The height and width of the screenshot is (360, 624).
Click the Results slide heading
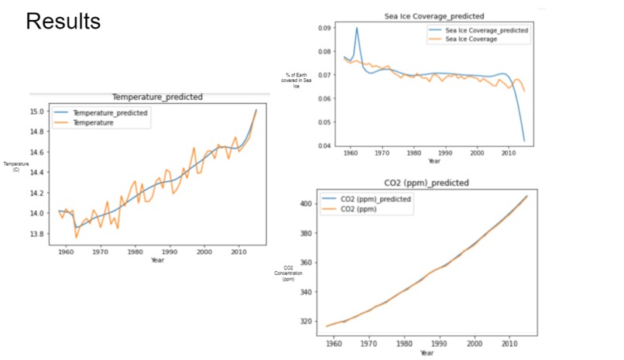pyautogui.click(x=63, y=22)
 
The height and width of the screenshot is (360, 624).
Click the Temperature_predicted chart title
pyautogui.click(x=158, y=98)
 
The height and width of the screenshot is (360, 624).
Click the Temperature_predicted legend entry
pyautogui.click(x=109, y=113)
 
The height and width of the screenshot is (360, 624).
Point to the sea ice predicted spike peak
pyautogui.click(x=357, y=28)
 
